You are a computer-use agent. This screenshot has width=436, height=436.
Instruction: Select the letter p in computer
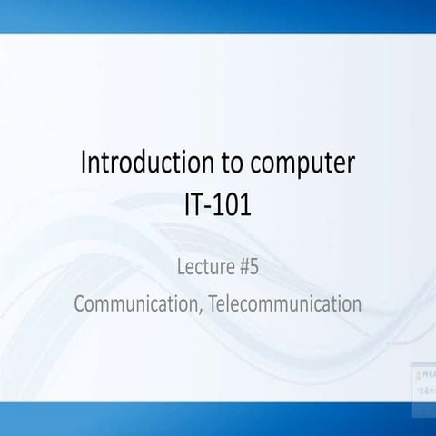pos(302,169)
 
